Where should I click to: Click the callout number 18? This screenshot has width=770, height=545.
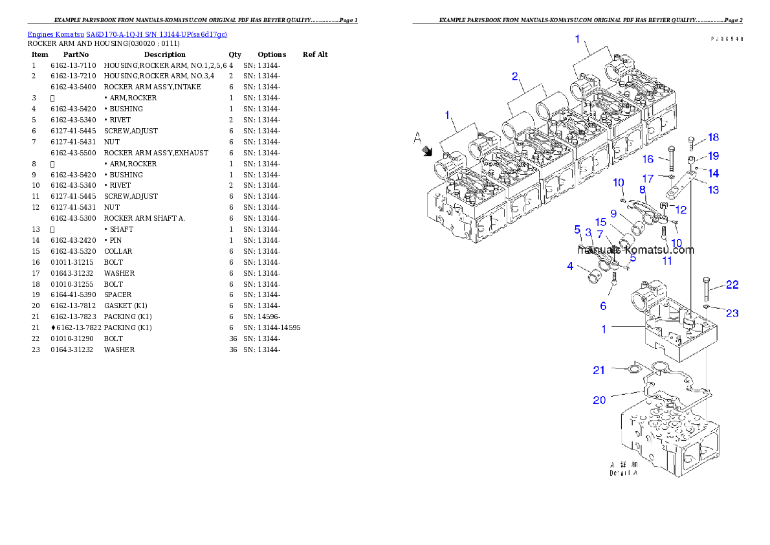coord(713,137)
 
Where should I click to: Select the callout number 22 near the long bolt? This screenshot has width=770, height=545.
coord(732,284)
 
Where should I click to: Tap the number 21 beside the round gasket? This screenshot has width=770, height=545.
coord(599,370)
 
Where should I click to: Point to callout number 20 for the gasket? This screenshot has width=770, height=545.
coord(599,400)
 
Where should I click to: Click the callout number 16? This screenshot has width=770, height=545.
coord(648,159)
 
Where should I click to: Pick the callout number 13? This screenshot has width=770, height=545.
coord(713,190)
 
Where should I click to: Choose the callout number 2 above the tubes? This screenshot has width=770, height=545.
coord(515,76)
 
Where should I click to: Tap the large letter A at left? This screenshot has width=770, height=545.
coord(418,137)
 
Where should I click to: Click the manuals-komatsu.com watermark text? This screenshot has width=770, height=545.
coord(635,250)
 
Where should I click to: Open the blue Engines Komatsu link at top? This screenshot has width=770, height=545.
coord(127,34)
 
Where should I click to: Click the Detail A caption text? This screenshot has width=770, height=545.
coord(624,469)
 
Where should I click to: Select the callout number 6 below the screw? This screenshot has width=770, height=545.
coord(603,306)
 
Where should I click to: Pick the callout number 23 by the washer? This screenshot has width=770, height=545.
coord(732,313)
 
